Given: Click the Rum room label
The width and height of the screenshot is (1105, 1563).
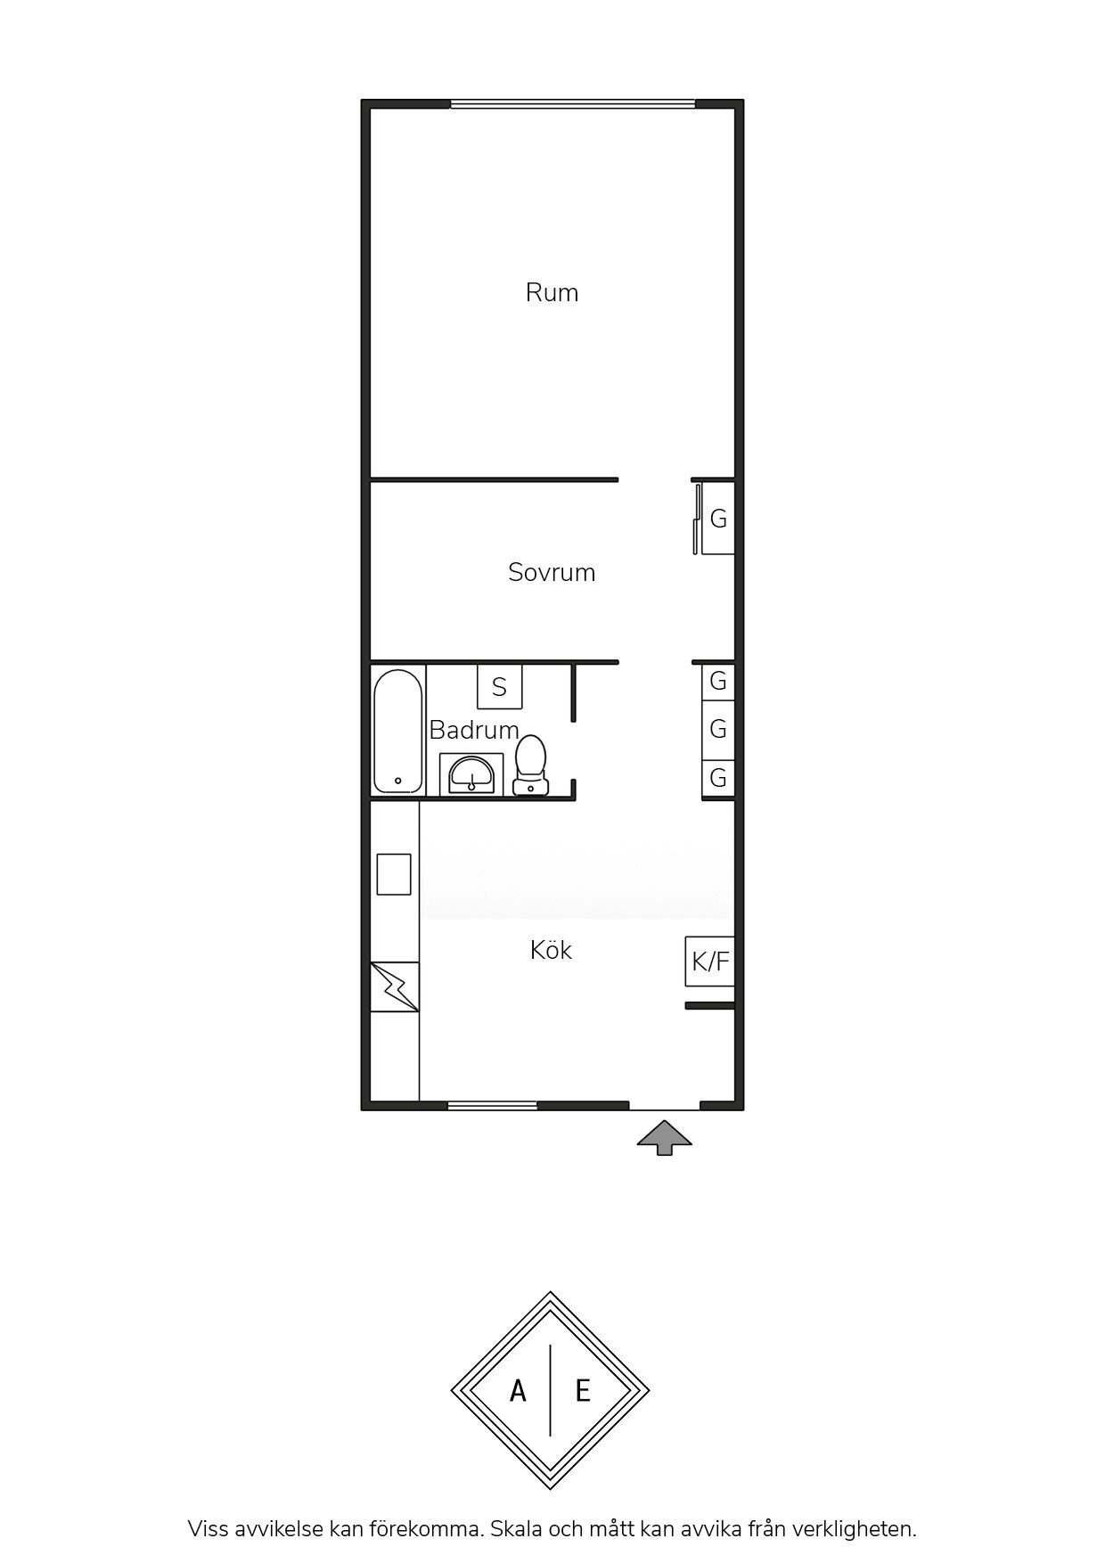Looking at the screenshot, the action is coord(552,292).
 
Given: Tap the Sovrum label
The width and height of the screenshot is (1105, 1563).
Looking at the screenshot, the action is coord(552,572).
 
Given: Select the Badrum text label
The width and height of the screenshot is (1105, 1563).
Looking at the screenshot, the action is coord(474,730).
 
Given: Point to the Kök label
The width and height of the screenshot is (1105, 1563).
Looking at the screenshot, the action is coord(551,950).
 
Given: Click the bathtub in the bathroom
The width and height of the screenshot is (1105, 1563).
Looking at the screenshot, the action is coord(397,731).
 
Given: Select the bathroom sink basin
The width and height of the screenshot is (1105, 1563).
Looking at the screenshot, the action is coord(471,773).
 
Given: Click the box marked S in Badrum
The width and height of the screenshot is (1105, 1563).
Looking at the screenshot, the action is coord(500,686).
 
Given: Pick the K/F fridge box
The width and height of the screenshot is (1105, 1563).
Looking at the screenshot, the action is coord(710,962).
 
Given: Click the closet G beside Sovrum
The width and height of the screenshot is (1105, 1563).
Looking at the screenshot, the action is coord(718,518).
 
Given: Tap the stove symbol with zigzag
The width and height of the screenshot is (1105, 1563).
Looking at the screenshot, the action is coord(395,986).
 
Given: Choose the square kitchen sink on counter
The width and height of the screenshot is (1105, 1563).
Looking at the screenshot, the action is coord(394,874).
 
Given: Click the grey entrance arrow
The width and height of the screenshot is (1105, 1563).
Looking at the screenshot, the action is coord(664,1138).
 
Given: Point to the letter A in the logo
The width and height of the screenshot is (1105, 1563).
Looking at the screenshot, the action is coord(518,1390).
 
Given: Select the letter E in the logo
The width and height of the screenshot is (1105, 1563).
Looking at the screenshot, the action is coord(583,1390).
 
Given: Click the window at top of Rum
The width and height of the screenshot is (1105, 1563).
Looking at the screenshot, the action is coord(573,104).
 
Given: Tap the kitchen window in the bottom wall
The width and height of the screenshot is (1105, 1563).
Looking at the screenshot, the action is coord(493,1106).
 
